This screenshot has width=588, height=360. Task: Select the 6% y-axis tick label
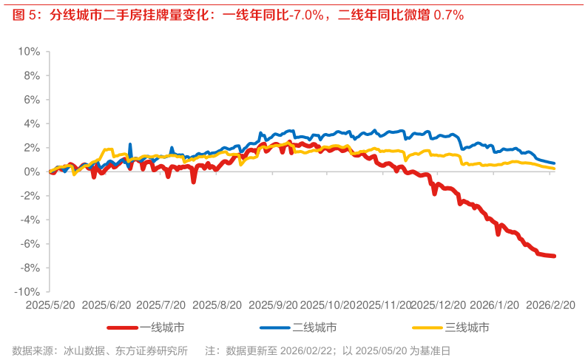(32, 100)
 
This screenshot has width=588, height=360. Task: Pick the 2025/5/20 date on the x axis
(48, 305)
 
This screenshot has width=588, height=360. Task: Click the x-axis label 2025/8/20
(217, 305)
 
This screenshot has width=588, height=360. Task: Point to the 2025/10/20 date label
(329, 305)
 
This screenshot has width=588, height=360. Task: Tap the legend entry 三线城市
(466, 327)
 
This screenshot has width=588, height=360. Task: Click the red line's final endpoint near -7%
(554, 256)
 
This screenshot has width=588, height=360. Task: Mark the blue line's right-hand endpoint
(554, 163)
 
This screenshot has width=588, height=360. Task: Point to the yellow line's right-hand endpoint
(554, 169)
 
